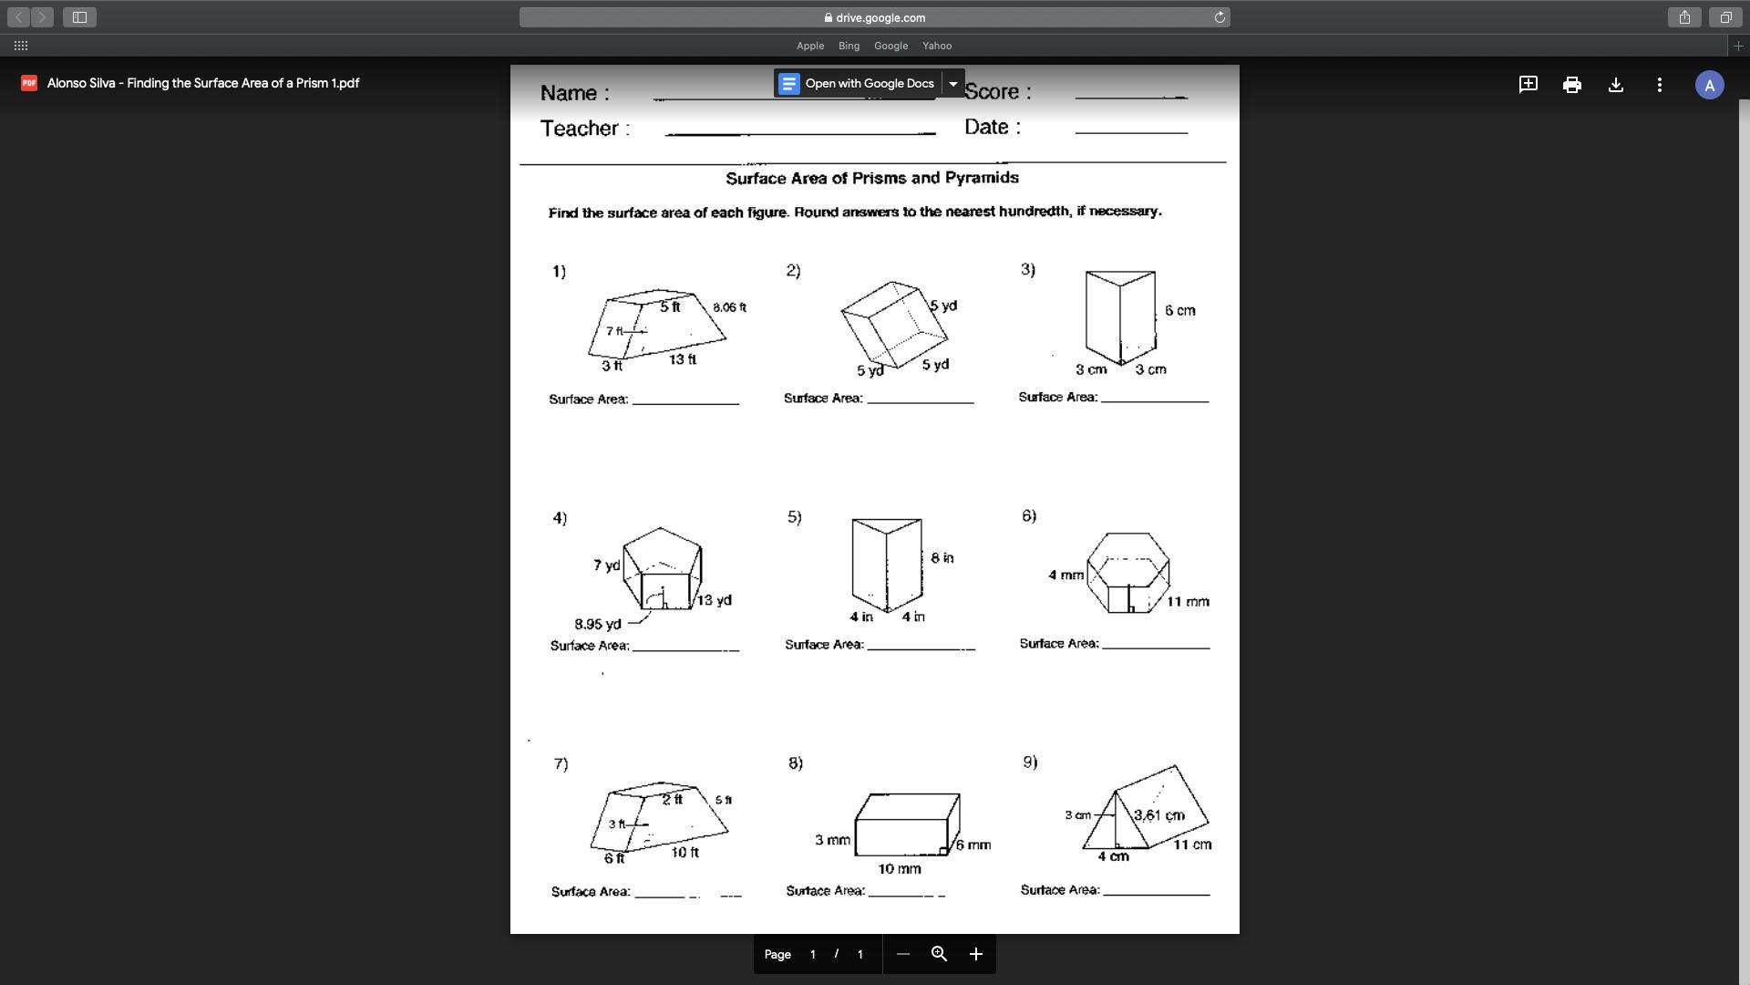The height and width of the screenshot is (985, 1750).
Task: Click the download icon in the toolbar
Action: tap(1615, 85)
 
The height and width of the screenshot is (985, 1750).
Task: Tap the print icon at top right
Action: tap(1571, 85)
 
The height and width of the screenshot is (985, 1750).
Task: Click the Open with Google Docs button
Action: tap(858, 84)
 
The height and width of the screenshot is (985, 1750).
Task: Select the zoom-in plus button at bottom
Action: tap(975, 954)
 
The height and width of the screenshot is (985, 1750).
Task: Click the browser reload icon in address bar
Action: tap(1219, 17)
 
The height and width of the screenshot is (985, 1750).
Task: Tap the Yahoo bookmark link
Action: tap(936, 46)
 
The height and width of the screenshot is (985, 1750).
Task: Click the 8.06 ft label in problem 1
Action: tap(729, 307)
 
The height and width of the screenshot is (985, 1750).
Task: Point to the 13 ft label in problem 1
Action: tap(682, 359)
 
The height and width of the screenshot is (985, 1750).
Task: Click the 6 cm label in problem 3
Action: tap(1179, 311)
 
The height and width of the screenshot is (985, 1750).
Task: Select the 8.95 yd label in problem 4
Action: tap(598, 625)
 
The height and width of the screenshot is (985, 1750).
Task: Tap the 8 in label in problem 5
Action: tap(942, 558)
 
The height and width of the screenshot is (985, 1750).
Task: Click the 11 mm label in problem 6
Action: tap(1188, 602)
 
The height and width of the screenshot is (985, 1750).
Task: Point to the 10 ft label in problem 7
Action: tap(685, 853)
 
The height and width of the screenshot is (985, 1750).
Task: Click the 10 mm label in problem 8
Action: tap(899, 869)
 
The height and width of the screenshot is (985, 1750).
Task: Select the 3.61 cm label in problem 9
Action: tap(1159, 815)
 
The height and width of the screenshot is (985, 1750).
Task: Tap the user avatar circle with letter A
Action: tap(1709, 85)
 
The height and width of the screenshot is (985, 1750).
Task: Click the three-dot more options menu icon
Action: tap(1659, 85)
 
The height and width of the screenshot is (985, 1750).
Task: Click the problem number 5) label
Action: tap(794, 517)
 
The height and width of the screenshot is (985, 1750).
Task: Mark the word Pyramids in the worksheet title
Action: tap(982, 178)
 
